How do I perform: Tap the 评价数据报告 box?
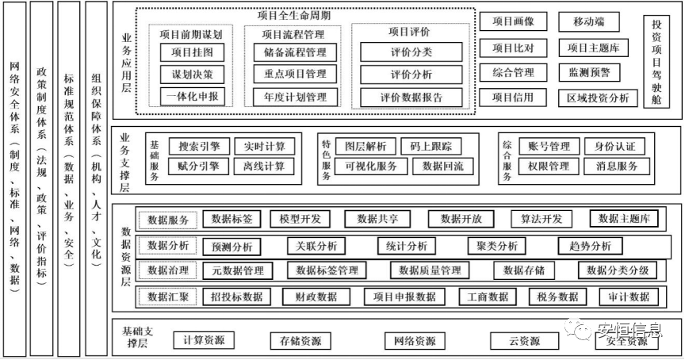click(x=411, y=98)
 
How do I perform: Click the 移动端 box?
click(x=589, y=22)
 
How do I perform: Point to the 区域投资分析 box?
click(x=597, y=98)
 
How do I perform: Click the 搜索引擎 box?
click(x=204, y=147)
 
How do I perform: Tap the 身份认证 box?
click(x=615, y=147)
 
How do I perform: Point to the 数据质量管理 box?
click(x=430, y=270)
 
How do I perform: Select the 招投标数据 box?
click(x=236, y=297)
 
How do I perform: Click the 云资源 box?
click(x=526, y=341)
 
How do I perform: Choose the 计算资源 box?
click(x=204, y=341)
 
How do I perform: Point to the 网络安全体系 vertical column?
click(x=13, y=179)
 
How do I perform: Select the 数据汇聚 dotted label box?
click(x=169, y=297)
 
